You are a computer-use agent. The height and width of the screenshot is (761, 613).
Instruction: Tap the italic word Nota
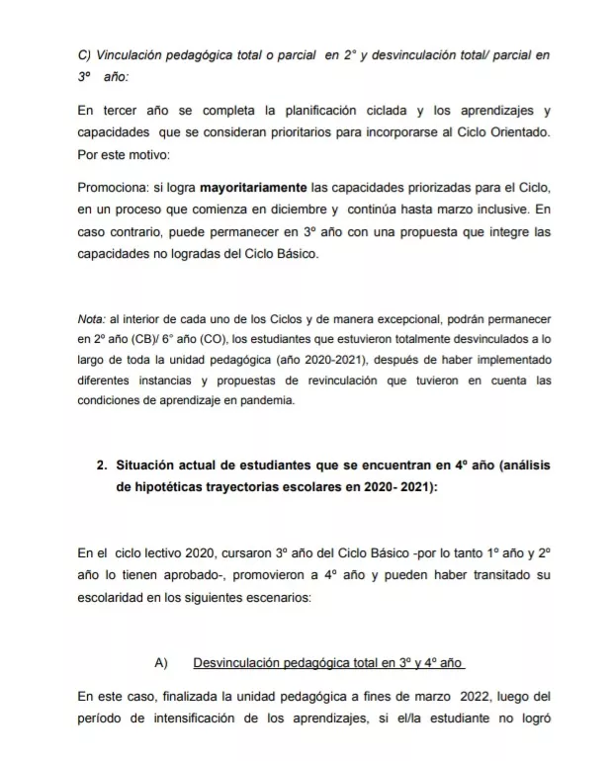(91, 321)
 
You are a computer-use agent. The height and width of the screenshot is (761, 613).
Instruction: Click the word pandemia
(267, 400)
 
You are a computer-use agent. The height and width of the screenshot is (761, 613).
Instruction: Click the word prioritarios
(286, 130)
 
